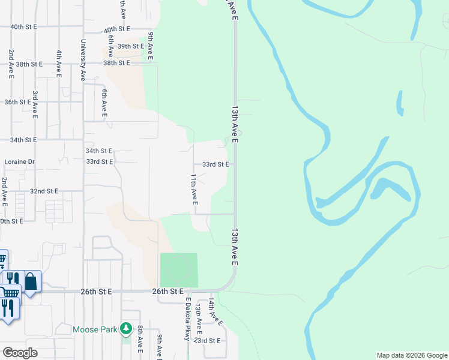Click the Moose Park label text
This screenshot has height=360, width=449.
pyautogui.click(x=95, y=329)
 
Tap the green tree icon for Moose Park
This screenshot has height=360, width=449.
pyautogui.click(x=125, y=328)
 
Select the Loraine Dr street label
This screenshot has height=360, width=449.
pyautogui.click(x=20, y=162)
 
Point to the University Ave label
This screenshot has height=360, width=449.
pyautogui.click(x=83, y=60)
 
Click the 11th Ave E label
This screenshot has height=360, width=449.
pyautogui.click(x=194, y=190)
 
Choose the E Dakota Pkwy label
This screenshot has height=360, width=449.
pyautogui.click(x=188, y=319)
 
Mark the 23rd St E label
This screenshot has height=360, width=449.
pyautogui.click(x=209, y=340)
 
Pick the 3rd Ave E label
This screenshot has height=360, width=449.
pyautogui.click(x=35, y=104)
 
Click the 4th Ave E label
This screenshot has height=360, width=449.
pyautogui.click(x=59, y=63)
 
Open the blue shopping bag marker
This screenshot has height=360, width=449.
pyautogui.click(x=30, y=281)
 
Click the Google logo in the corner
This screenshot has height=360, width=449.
pyautogui.click(x=20, y=353)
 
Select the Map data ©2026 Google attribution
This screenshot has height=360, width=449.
pyautogui.click(x=412, y=355)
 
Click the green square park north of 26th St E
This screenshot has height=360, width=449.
pyautogui.click(x=179, y=270)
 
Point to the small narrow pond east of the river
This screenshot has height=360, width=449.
pyautogui.click(x=399, y=103)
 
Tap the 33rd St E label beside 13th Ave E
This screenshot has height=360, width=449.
pyautogui.click(x=215, y=164)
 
